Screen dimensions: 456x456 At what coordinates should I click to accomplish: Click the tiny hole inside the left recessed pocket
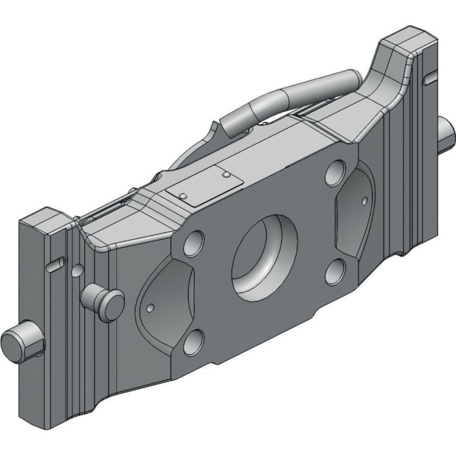coord(150,307)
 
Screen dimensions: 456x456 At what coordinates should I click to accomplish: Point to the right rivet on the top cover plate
coord(226,173)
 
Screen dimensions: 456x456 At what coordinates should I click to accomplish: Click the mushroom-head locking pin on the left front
coord(104,298)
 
